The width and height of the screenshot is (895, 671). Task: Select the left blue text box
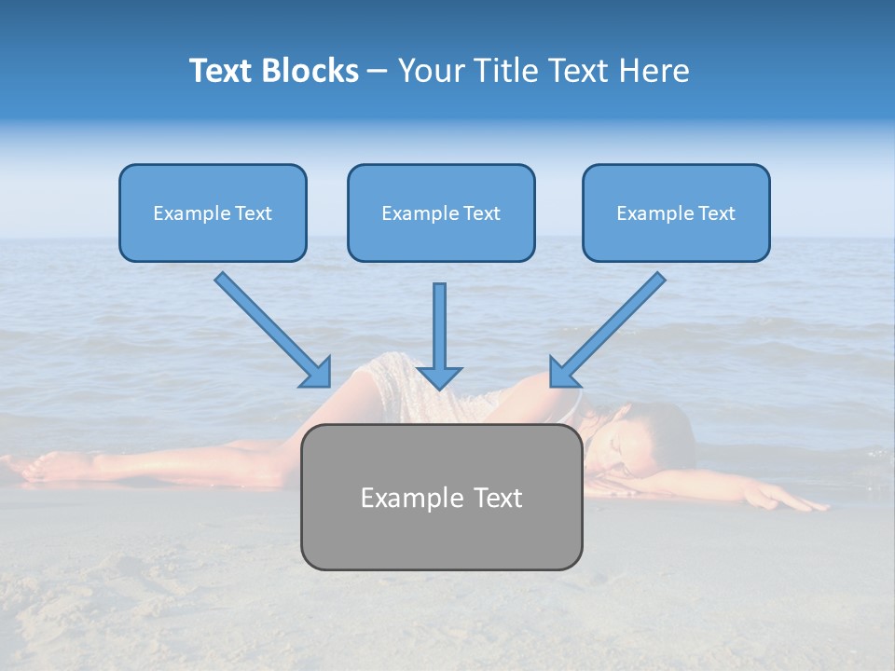[213, 212]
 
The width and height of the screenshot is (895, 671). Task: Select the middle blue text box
[441, 212]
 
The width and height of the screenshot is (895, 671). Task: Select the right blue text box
[676, 212]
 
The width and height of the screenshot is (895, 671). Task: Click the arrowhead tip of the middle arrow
[440, 386]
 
